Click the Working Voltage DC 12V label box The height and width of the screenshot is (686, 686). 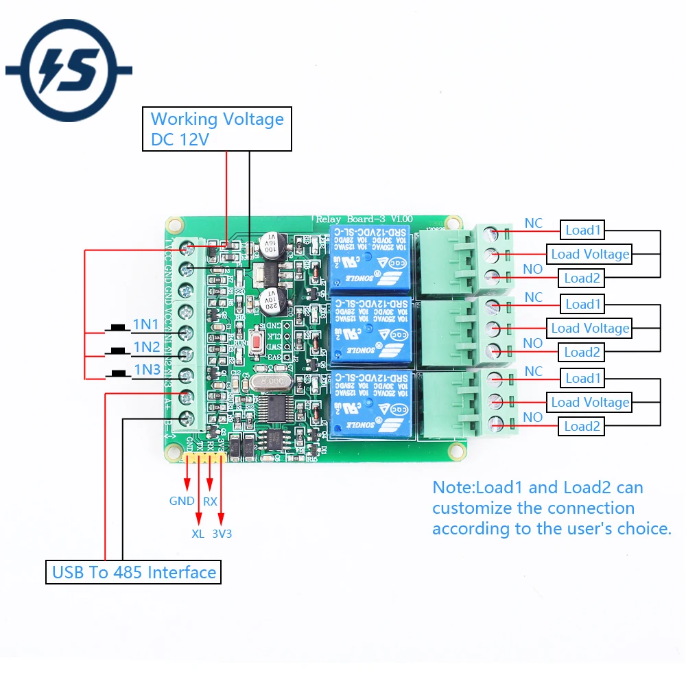(217, 129)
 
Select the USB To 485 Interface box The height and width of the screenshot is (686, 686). (134, 572)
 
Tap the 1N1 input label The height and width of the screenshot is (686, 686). (146, 324)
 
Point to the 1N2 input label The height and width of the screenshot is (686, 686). (146, 346)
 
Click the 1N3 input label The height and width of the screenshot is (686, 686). (146, 370)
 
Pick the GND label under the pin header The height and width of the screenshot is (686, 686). (182, 501)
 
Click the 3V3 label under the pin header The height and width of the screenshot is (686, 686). (222, 533)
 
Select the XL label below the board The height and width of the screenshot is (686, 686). (198, 533)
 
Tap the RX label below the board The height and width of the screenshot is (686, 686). (210, 501)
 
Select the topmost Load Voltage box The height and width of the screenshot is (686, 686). (590, 254)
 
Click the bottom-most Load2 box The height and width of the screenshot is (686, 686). (582, 426)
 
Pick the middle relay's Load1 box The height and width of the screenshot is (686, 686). (582, 304)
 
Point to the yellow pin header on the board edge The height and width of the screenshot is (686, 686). (204, 457)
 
